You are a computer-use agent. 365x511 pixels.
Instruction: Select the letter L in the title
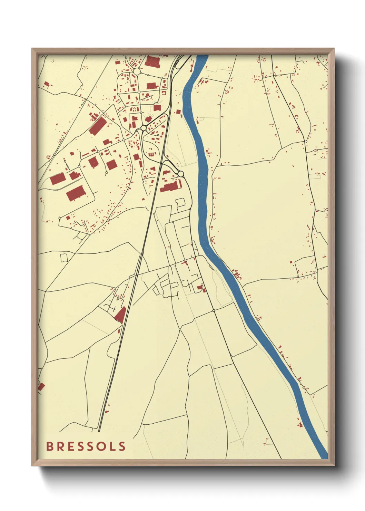click(x=112, y=446)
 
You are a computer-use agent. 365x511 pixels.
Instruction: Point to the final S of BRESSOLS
click(x=122, y=446)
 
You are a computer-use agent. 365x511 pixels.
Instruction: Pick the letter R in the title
click(x=60, y=446)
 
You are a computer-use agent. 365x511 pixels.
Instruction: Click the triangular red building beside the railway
click(x=120, y=315)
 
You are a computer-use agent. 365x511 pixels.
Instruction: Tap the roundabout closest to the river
click(x=180, y=174)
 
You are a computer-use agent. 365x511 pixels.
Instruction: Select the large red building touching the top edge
click(x=152, y=61)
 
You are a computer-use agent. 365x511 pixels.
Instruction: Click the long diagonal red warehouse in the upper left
click(x=98, y=125)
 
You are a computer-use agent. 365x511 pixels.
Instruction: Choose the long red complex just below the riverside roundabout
click(x=171, y=186)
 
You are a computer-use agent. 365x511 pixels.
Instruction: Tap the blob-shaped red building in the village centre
click(x=200, y=287)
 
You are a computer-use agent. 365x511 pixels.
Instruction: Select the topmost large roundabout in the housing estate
click(x=137, y=71)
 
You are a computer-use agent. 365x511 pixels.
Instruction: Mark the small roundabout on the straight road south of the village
click(x=214, y=311)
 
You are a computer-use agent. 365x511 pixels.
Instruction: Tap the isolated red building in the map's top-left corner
click(x=47, y=84)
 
